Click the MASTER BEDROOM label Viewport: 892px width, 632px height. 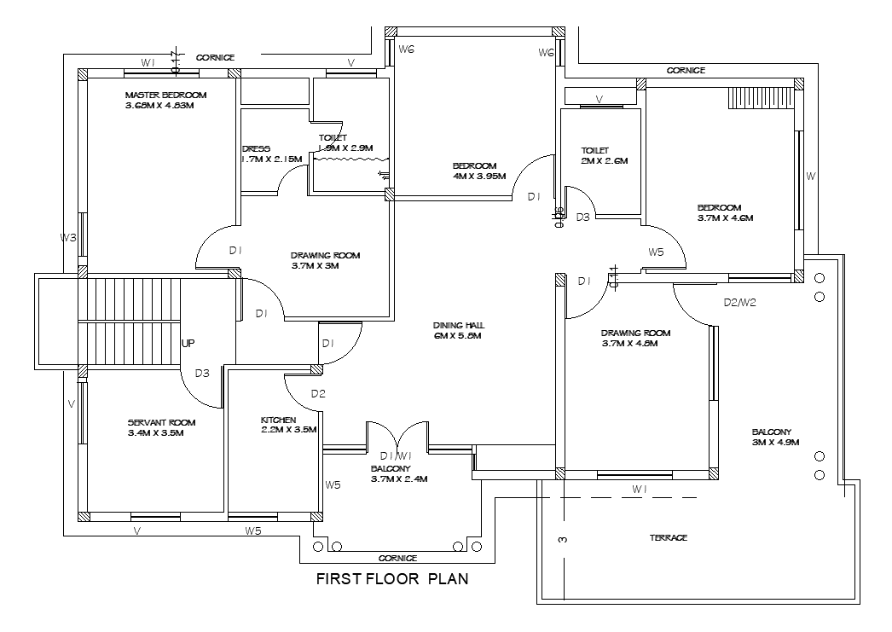[165, 95]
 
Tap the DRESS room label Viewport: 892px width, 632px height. [256, 148]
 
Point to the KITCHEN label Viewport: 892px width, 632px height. [278, 420]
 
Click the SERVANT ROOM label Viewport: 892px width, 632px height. [161, 422]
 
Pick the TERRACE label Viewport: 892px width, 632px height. [669, 538]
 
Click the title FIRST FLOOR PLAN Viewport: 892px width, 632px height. [392, 580]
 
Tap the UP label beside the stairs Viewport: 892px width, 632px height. [188, 343]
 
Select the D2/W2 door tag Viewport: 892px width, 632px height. [740, 302]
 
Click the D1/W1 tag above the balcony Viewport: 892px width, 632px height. [396, 455]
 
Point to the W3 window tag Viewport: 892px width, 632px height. [69, 237]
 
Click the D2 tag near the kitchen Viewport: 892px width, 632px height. [318, 393]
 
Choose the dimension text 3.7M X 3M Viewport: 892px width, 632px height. [315, 266]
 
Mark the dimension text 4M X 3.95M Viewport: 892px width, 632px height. [479, 177]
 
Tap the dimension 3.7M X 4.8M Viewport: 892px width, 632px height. [629, 344]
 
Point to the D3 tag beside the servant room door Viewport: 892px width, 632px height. [202, 373]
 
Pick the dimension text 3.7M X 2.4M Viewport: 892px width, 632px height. [398, 479]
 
